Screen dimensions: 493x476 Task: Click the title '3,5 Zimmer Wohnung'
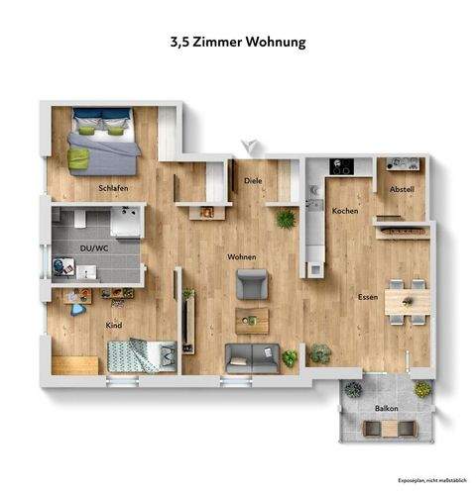(x=238, y=43)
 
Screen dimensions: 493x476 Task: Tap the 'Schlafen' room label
(x=113, y=187)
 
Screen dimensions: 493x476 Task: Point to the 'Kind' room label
(x=113, y=323)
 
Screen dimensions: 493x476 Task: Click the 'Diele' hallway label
(x=253, y=181)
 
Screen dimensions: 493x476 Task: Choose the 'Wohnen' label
(x=241, y=257)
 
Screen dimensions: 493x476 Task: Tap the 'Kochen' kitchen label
(x=344, y=211)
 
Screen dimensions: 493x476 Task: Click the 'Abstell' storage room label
(x=401, y=188)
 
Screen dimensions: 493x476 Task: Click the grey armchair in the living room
(x=250, y=286)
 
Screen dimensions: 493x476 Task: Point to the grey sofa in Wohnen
(x=252, y=355)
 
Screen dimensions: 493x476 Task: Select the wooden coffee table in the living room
(x=252, y=319)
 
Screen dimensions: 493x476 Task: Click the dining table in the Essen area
(x=406, y=300)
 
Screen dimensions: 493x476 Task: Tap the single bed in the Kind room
(x=140, y=352)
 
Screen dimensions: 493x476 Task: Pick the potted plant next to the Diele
(x=286, y=219)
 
